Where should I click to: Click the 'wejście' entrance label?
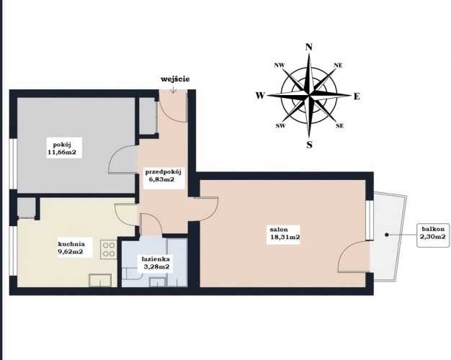(x=175, y=79)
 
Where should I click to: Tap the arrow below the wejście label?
(x=173, y=89)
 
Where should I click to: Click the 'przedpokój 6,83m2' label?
(x=163, y=176)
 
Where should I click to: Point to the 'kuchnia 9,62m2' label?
(x=71, y=248)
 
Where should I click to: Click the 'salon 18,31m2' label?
(x=283, y=233)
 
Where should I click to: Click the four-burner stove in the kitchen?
(x=109, y=249)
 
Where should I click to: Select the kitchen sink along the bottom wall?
(x=100, y=280)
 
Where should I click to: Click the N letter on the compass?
(x=309, y=47)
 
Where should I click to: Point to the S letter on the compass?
(x=309, y=145)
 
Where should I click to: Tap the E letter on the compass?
(x=357, y=96)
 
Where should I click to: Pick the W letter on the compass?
(x=260, y=96)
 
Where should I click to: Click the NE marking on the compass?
(x=338, y=66)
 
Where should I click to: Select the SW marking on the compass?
(x=281, y=126)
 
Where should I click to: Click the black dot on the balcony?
(x=387, y=235)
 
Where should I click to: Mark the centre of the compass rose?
(x=309, y=94)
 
